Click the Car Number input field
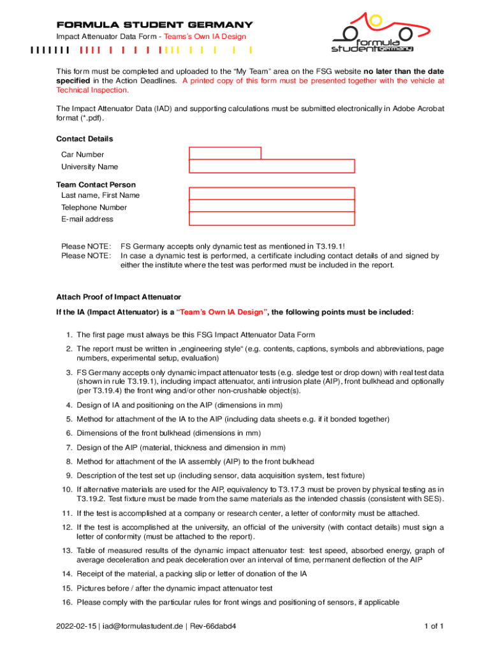click(224, 153)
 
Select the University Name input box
click(272, 166)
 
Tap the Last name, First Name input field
click(272, 194)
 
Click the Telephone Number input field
click(272, 207)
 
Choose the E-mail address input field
click(272, 219)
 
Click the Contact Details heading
click(85, 139)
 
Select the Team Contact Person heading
click(96, 185)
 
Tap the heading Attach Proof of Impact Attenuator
click(119, 297)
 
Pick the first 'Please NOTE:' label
click(86, 246)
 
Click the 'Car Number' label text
click(82, 154)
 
